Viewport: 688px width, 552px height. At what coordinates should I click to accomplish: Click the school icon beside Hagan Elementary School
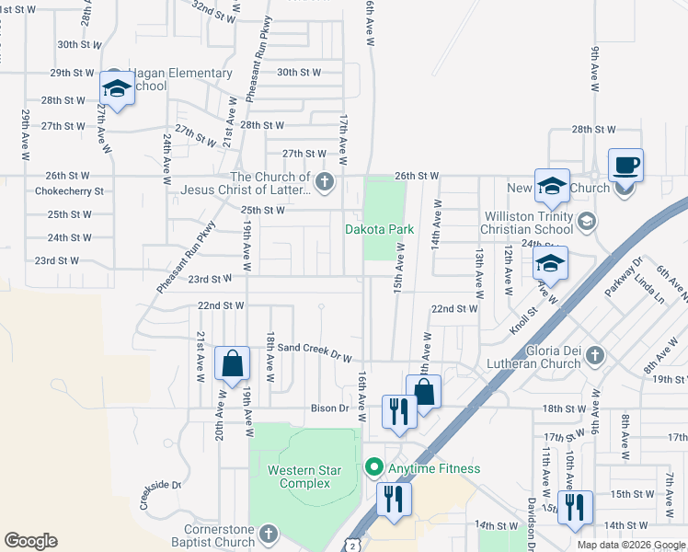click(117, 89)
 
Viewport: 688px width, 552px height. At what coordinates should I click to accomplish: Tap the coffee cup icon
click(625, 167)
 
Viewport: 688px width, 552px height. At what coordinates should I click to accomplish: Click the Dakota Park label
click(379, 229)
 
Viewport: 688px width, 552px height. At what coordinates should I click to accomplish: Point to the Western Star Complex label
click(304, 477)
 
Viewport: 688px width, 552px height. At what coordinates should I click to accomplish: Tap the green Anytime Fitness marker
click(373, 468)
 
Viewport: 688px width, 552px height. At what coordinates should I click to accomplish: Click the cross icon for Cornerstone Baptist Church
click(268, 534)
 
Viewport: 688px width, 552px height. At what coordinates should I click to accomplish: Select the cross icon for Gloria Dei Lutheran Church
click(595, 354)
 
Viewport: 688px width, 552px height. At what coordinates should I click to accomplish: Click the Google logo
click(30, 541)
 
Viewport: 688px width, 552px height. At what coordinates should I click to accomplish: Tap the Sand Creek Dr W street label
click(315, 350)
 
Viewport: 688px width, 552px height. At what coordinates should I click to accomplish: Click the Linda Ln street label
click(647, 293)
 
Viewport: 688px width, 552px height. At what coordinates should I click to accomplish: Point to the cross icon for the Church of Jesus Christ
click(324, 182)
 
